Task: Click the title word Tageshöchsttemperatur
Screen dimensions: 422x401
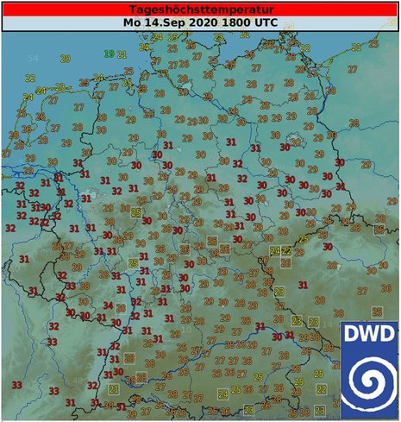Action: click(201, 8)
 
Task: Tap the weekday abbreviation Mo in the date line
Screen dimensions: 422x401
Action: click(131, 22)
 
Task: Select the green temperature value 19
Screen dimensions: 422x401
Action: click(110, 54)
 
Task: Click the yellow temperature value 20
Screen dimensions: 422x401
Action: click(66, 58)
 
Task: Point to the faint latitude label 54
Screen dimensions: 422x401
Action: click(34, 58)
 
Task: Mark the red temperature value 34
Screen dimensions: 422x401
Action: click(109, 305)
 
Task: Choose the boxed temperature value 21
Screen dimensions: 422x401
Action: click(114, 389)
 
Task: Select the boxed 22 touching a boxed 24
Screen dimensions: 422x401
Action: click(286, 251)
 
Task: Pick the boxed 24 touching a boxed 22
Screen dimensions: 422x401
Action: click(276, 251)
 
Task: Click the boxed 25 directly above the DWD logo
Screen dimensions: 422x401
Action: click(376, 312)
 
